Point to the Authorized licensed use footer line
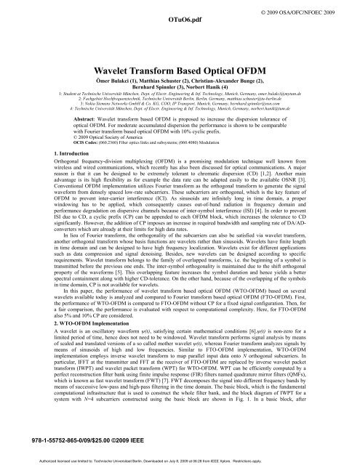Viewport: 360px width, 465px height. [x=180, y=460]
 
